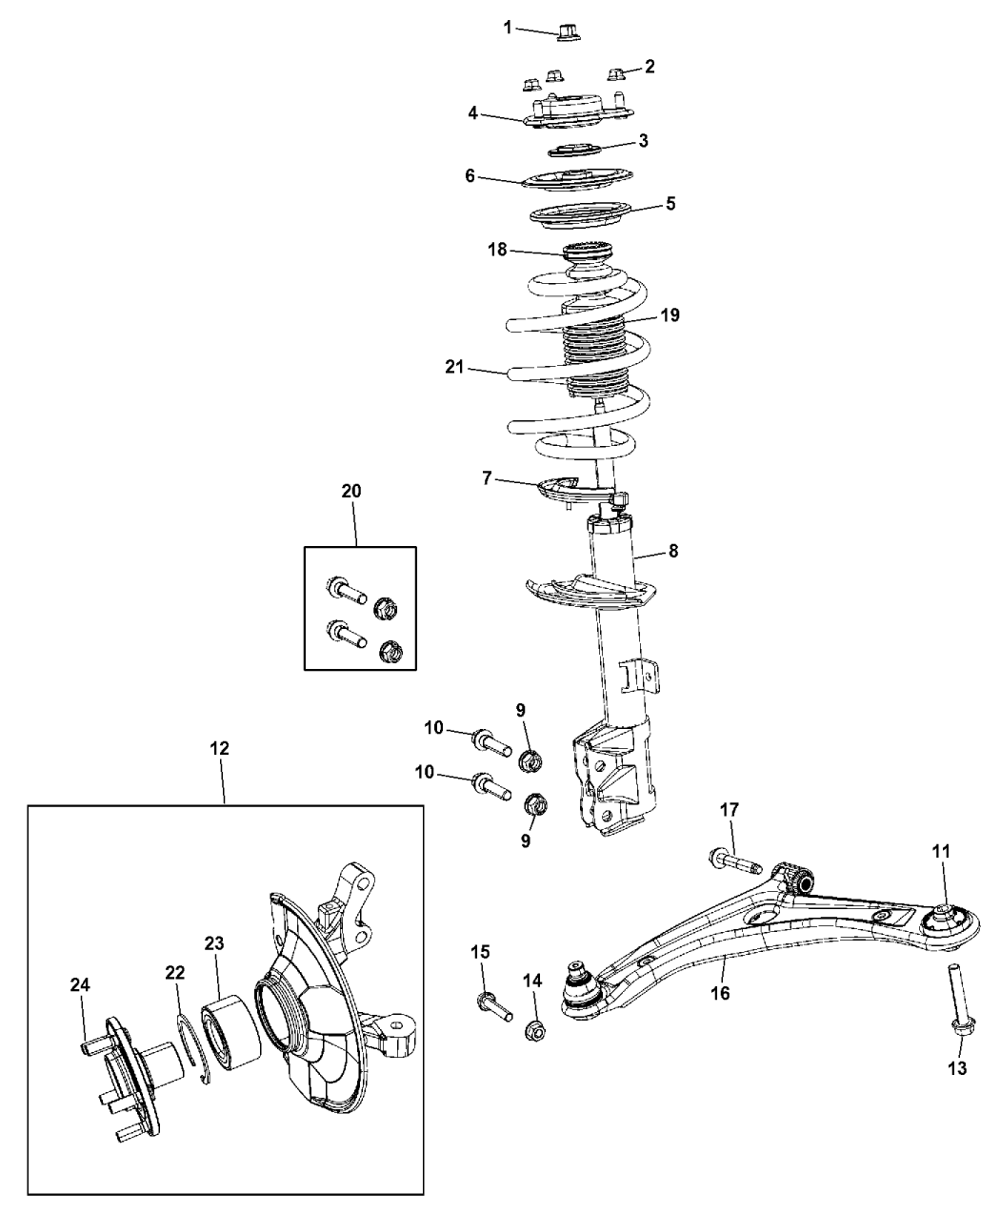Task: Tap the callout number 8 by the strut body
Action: [673, 550]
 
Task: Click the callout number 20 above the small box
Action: [351, 490]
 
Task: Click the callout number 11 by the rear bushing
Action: [940, 852]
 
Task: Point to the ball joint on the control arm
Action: [581, 986]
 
